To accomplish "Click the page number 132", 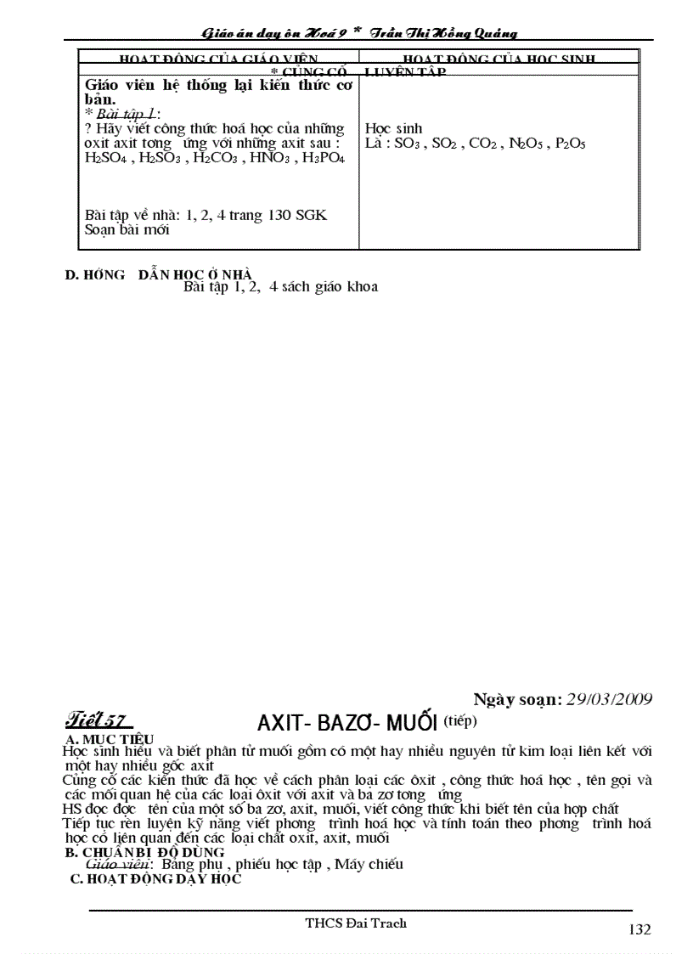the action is point(639,929).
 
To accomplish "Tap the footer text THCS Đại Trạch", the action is point(356,923).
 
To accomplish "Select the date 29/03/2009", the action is point(610,699).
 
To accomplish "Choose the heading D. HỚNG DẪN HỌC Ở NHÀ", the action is point(159,274).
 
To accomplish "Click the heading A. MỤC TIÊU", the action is point(110,739).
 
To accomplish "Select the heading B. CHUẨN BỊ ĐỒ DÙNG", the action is point(145,851).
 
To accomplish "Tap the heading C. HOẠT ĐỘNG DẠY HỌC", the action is point(155,879).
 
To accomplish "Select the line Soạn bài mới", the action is point(128,229).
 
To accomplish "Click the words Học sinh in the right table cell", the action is point(393,129).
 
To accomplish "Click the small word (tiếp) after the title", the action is point(461,720).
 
